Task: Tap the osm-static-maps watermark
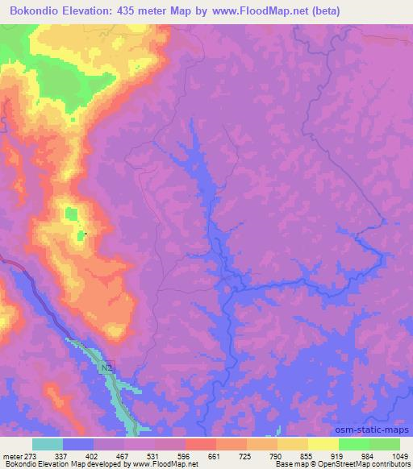[x=379, y=430]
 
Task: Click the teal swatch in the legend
[x=47, y=444]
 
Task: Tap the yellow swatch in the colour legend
[x=323, y=444]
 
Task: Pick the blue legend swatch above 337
[x=77, y=444]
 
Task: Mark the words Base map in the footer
[x=286, y=464]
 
